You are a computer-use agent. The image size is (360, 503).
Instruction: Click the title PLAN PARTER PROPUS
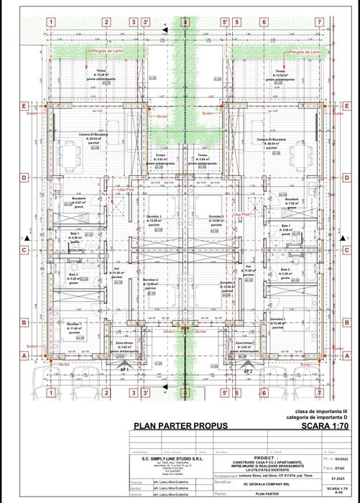[180, 425]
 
